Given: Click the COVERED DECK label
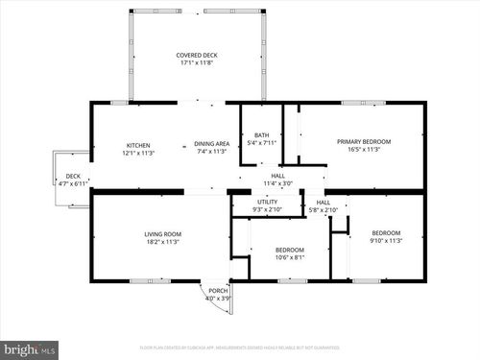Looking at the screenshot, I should coord(196,55).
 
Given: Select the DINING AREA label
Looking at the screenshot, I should coord(210,142).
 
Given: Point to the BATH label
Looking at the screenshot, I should coord(260,134).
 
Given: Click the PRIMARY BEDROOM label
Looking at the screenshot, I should coord(363,141).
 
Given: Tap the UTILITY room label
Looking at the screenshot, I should coord(267,202).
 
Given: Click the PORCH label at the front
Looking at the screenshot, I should coord(218,291).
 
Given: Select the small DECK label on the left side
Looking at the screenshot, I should coord(73,176).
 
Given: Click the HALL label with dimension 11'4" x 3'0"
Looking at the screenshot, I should coord(277,176).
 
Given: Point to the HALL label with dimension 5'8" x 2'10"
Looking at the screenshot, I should coord(324,203).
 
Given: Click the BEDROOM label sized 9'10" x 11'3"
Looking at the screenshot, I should coord(386,233).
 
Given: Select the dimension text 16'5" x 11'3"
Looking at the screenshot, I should coord(363,149).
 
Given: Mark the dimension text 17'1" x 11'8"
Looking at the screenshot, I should coord(196,63).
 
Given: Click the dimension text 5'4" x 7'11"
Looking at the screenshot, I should coord(260,143).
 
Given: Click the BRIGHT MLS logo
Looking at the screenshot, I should coord(30,349).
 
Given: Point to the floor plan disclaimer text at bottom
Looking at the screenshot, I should coord(240,348).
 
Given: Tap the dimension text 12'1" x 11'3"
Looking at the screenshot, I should coord(138,152).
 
